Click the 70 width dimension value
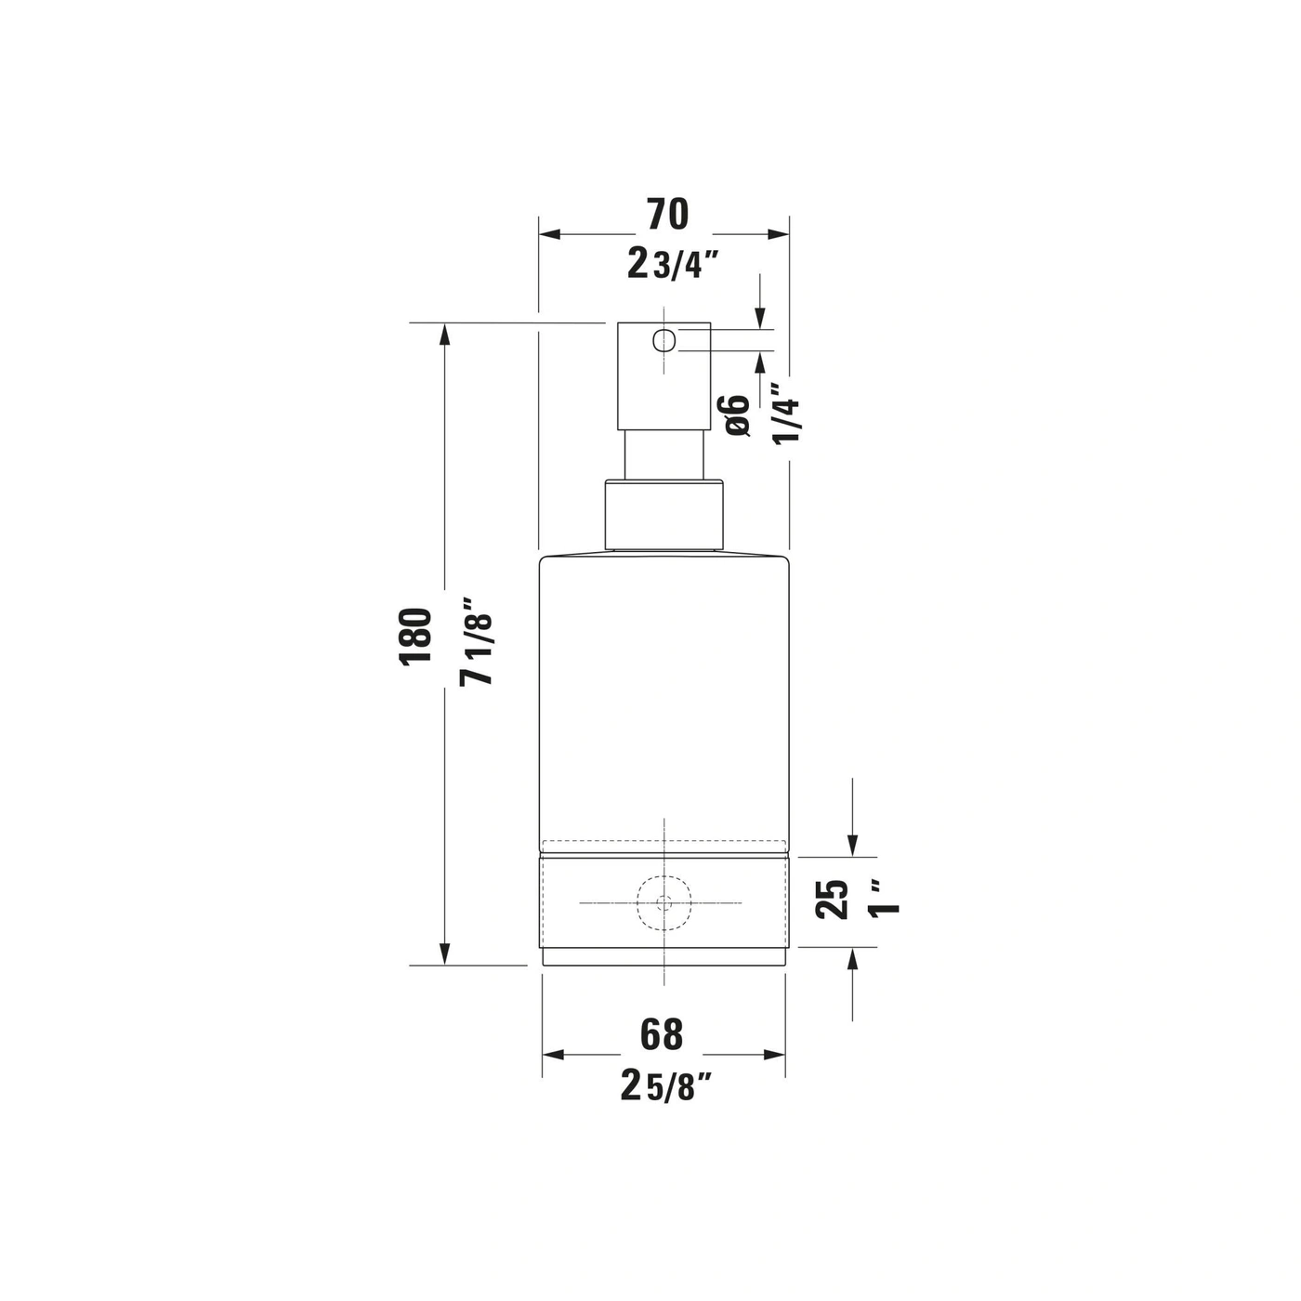667,214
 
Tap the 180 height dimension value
415,637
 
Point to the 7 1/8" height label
477,641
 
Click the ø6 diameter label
737,415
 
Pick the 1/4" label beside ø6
786,414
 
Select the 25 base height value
832,899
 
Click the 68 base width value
662,1033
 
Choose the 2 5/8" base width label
666,1085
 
